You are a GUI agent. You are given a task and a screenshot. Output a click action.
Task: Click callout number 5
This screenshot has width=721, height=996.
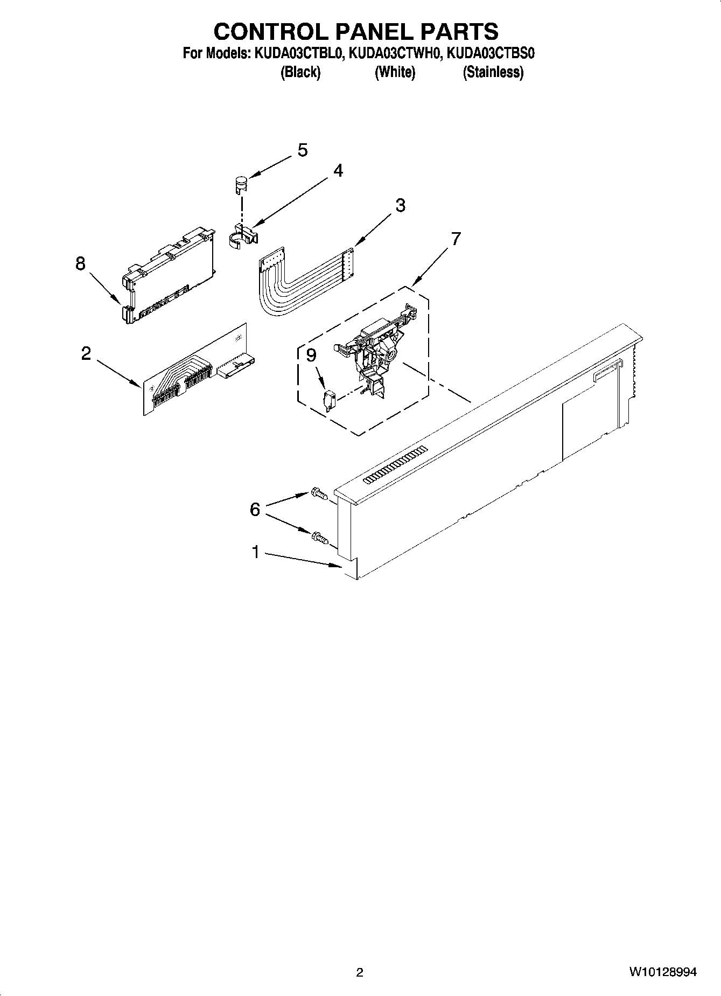coord(303,150)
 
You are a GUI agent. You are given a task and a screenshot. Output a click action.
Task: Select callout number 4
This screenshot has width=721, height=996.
coord(338,170)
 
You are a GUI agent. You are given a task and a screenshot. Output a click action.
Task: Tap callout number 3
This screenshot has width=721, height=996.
coord(400,205)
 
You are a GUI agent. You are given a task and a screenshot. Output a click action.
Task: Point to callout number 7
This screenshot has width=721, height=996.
coord(456,238)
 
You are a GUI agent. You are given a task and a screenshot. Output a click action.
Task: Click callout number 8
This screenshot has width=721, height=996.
coord(80,263)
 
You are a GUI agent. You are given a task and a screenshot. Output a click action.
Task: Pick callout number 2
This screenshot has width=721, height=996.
coord(86,354)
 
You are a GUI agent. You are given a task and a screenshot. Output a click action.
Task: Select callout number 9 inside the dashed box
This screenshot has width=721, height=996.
coord(311,355)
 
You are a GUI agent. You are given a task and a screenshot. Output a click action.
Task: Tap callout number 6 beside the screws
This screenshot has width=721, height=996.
coord(255,509)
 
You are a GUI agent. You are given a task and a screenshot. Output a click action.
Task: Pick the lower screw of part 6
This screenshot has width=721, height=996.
coord(318,537)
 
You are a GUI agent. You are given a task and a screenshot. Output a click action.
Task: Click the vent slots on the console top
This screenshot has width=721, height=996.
coord(395,465)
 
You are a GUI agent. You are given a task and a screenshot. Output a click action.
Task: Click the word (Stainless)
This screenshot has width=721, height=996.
coord(493,72)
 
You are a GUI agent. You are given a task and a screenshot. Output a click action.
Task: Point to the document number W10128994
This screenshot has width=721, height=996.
coord(662,972)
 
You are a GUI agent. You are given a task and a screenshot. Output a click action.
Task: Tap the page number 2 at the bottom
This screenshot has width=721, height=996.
coord(360,972)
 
